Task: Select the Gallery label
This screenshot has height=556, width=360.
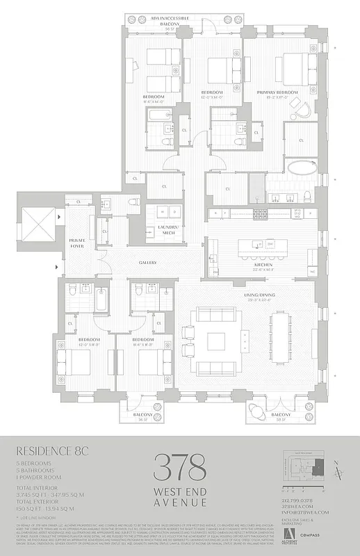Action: pyautogui.click(x=147, y=263)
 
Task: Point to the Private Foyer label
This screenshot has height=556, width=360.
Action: pyautogui.click(x=78, y=242)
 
